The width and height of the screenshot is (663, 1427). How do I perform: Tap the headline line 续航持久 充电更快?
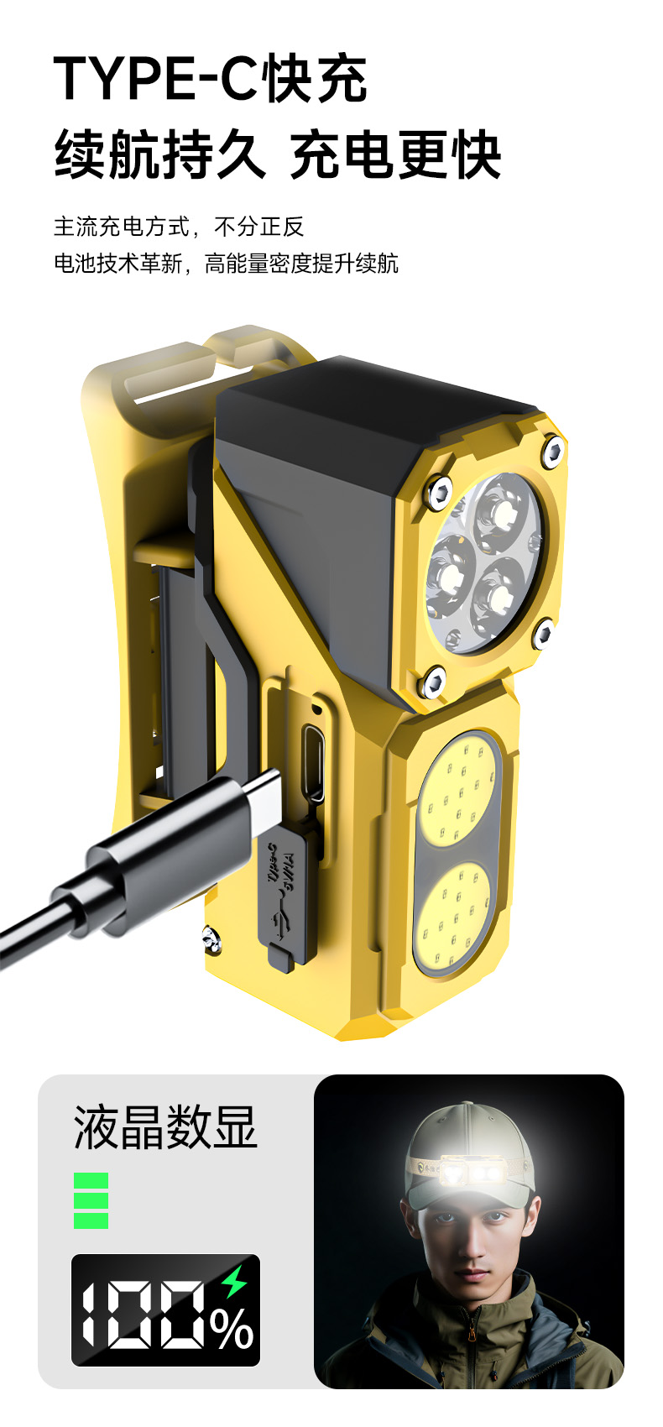[278, 154]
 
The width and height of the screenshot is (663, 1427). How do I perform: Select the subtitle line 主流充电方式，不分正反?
[179, 226]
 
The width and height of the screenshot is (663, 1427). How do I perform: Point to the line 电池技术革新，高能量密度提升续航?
[226, 263]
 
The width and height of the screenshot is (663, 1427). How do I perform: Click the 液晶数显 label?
[165, 1127]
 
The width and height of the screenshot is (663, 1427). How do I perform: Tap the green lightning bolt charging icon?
[234, 1281]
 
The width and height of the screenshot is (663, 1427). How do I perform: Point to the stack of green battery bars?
[91, 1201]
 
